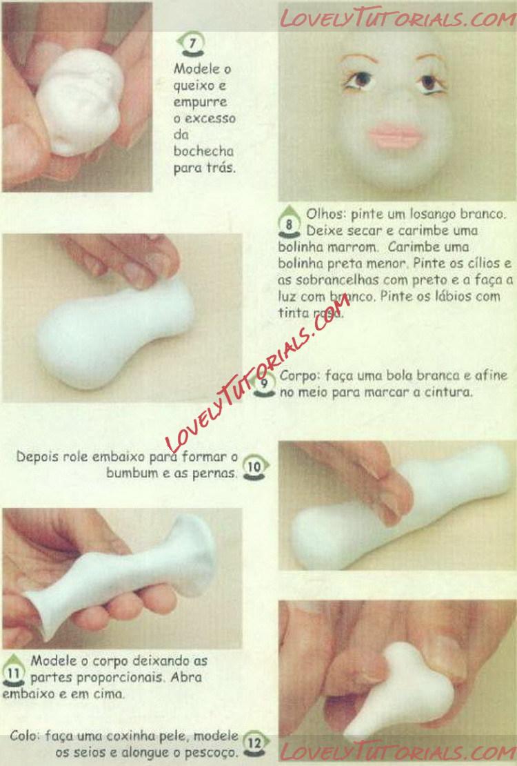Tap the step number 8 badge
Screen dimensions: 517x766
pos(289,224)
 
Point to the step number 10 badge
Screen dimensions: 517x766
pos(255,467)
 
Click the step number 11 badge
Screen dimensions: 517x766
pos(13,672)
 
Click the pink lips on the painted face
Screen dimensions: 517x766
pos(395,136)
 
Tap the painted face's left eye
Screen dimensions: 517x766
pos(360,80)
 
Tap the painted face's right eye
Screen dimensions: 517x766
pos(431,82)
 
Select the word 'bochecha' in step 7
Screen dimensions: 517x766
pos(203,151)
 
